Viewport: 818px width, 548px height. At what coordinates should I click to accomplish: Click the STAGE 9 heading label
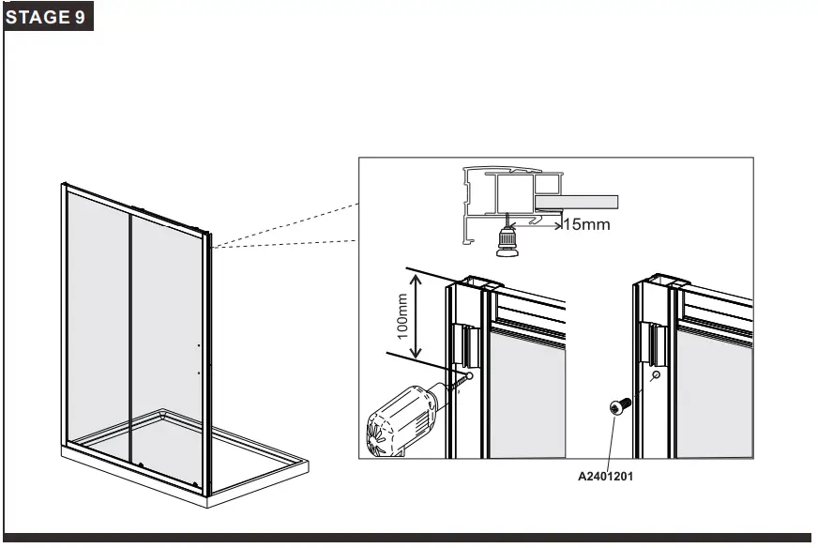(x=49, y=18)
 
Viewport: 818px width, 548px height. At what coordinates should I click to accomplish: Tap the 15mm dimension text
(x=585, y=224)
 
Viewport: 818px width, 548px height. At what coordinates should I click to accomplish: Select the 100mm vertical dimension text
(x=402, y=316)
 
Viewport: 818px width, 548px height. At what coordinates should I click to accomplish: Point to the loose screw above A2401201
(x=618, y=405)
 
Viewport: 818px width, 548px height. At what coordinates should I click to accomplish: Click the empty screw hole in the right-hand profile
(x=656, y=375)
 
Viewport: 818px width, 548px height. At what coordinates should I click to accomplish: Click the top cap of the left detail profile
(x=479, y=282)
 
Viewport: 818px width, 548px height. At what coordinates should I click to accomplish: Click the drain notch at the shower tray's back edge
(x=164, y=410)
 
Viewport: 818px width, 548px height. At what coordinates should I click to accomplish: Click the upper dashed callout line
(x=286, y=226)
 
